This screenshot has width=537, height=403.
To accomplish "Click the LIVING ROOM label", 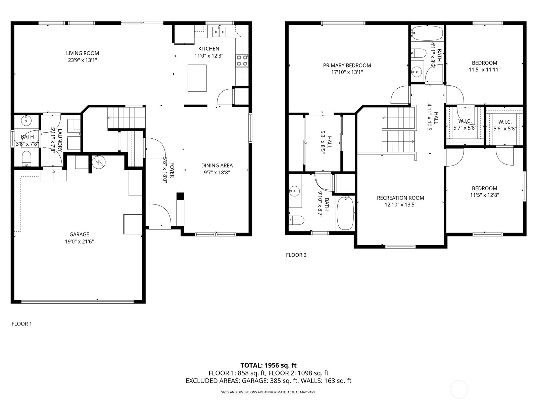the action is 83,53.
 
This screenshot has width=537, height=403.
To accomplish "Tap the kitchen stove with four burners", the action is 242,60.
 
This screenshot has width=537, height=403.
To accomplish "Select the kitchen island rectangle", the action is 197,78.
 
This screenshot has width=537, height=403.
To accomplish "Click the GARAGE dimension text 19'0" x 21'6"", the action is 79,241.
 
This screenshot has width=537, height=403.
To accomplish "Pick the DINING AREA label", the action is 217,166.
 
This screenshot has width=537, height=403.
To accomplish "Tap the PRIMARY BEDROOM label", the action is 347,65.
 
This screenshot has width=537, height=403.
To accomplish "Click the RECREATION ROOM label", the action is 400,198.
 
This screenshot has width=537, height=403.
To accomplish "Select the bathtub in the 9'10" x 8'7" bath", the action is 345,213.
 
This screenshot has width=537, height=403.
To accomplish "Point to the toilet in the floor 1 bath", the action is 27,159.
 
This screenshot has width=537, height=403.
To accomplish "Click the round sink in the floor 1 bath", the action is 26,120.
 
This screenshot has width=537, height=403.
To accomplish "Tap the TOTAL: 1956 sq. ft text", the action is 268,365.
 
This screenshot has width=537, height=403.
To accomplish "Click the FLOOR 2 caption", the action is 296,255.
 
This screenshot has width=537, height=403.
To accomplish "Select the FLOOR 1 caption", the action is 22,324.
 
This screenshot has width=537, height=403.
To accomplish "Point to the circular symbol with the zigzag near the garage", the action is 99,162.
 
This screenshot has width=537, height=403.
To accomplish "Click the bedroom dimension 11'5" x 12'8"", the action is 484,195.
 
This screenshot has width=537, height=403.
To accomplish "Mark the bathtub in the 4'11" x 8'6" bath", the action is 427,33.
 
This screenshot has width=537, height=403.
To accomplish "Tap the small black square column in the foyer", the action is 180,196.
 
